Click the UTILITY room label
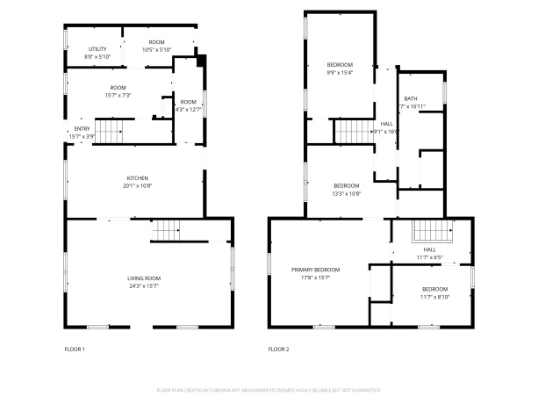[x=97, y=49]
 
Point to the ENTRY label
[x=82, y=129]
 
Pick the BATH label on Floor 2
[x=411, y=98]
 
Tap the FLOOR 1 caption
[x=75, y=350]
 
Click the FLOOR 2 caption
[x=278, y=350]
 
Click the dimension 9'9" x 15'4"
[x=340, y=73]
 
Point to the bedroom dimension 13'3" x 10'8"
[x=346, y=193]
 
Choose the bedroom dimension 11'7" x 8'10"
[x=434, y=297]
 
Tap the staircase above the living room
[x=166, y=231]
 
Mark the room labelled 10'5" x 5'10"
[x=156, y=49]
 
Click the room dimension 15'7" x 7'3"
[x=118, y=94]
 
